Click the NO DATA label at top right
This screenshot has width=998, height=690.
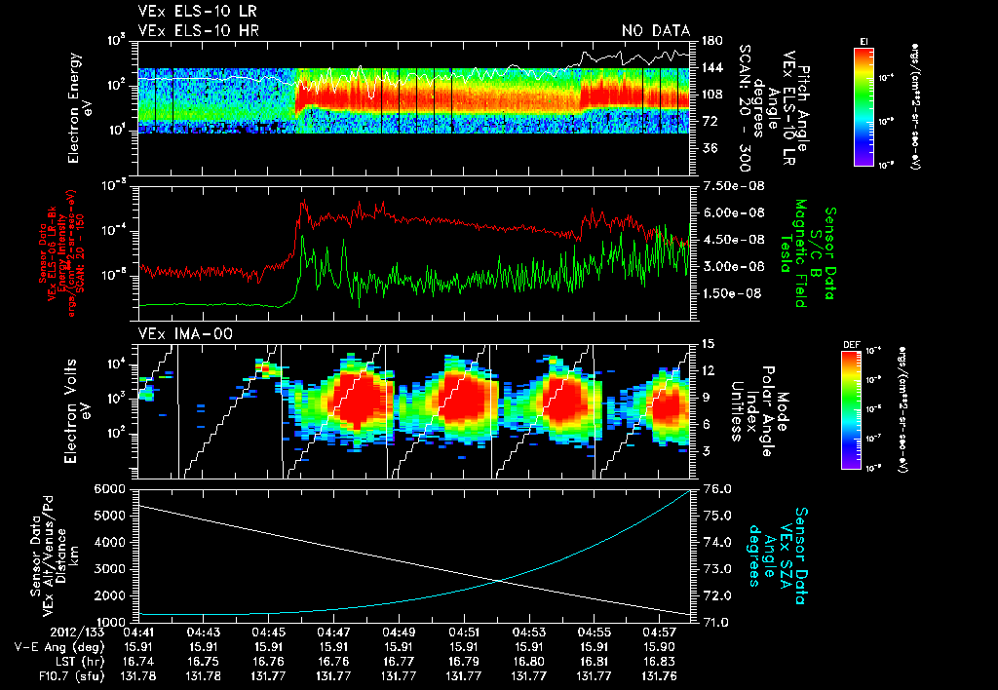click(x=655, y=30)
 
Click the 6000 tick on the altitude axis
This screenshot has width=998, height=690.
click(x=110, y=488)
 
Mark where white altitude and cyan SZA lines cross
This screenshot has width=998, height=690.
click(x=500, y=581)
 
